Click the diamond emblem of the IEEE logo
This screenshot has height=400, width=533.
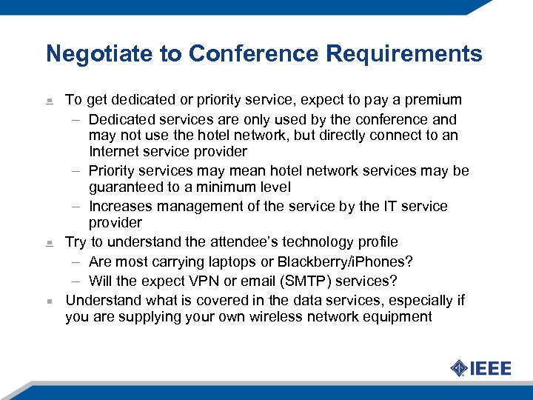[x=458, y=368]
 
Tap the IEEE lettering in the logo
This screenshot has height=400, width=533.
[x=491, y=368]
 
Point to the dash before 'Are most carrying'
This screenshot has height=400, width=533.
[x=77, y=262]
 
